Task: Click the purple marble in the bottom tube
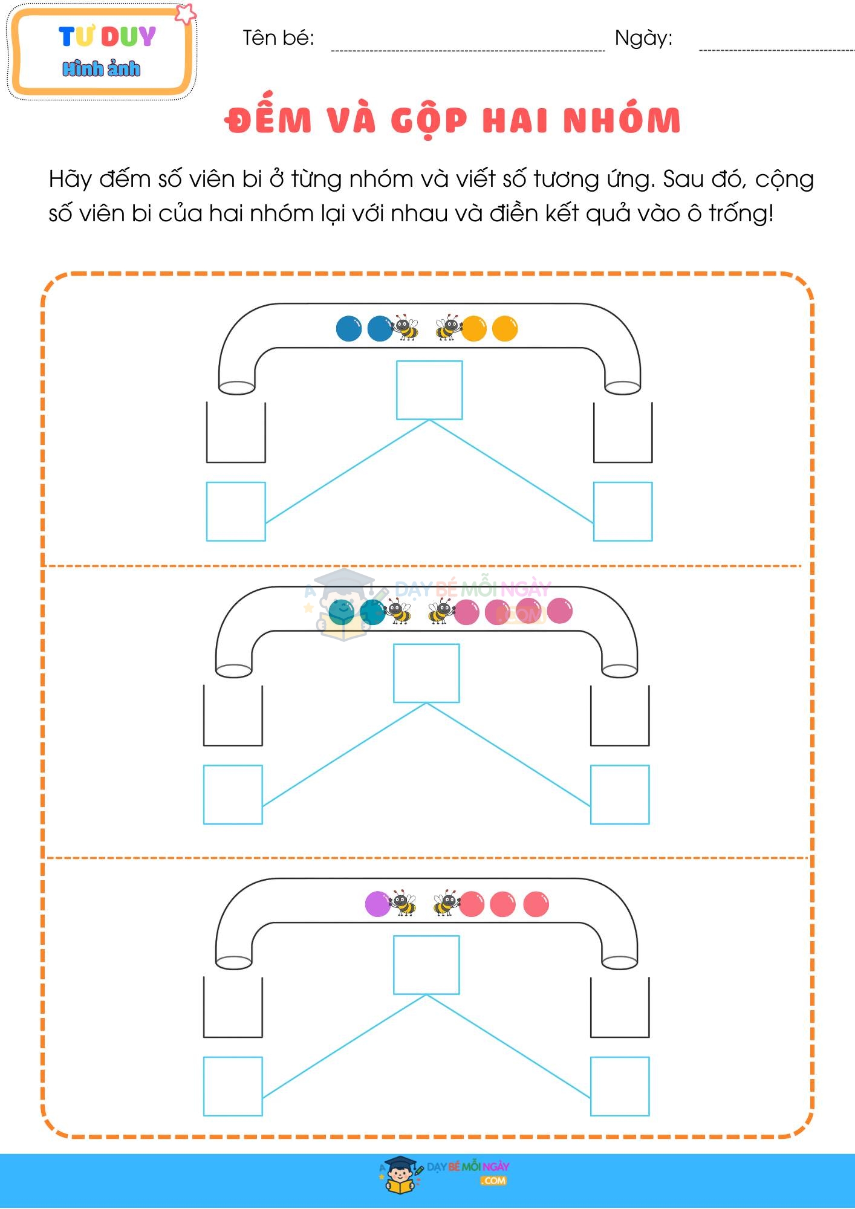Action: point(377,904)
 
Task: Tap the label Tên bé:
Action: point(278,38)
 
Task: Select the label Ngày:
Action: point(643,38)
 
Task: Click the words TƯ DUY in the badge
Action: point(108,37)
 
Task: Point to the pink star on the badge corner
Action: point(186,13)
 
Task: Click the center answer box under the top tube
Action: point(429,390)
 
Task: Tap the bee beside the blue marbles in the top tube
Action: point(405,327)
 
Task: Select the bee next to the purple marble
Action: point(402,903)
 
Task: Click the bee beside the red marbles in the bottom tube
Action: point(447,903)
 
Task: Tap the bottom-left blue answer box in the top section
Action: point(236,511)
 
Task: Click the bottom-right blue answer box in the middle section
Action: point(620,794)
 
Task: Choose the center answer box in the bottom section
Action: point(426,965)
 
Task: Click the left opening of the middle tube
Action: point(233,670)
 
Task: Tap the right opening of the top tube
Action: point(622,387)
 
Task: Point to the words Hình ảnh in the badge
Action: point(101,68)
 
